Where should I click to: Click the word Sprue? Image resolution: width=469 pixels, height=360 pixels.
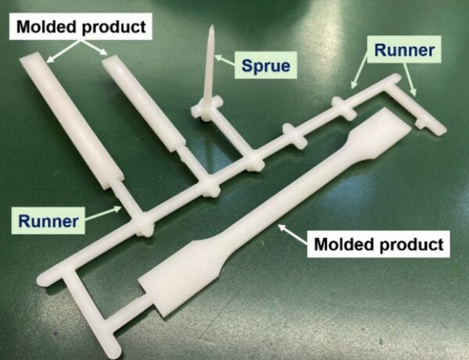point(266,66)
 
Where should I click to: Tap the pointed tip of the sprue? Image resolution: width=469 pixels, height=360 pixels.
point(212,27)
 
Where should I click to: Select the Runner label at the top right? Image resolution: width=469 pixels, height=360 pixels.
point(404,50)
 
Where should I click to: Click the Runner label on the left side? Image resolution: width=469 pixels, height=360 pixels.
point(48,221)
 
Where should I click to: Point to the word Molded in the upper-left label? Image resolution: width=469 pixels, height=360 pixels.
point(46,27)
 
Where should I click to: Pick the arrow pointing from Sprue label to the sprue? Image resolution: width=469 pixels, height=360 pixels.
point(226,59)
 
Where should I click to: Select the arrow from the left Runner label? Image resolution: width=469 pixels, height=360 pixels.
point(103,213)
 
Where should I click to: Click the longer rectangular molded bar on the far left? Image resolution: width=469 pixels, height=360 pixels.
point(72,119)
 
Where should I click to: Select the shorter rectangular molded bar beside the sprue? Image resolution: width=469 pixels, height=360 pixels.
point(143,102)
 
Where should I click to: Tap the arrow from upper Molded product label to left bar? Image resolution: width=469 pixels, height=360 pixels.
point(64,52)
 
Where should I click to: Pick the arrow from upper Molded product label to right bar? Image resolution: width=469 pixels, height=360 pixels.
point(95,48)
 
